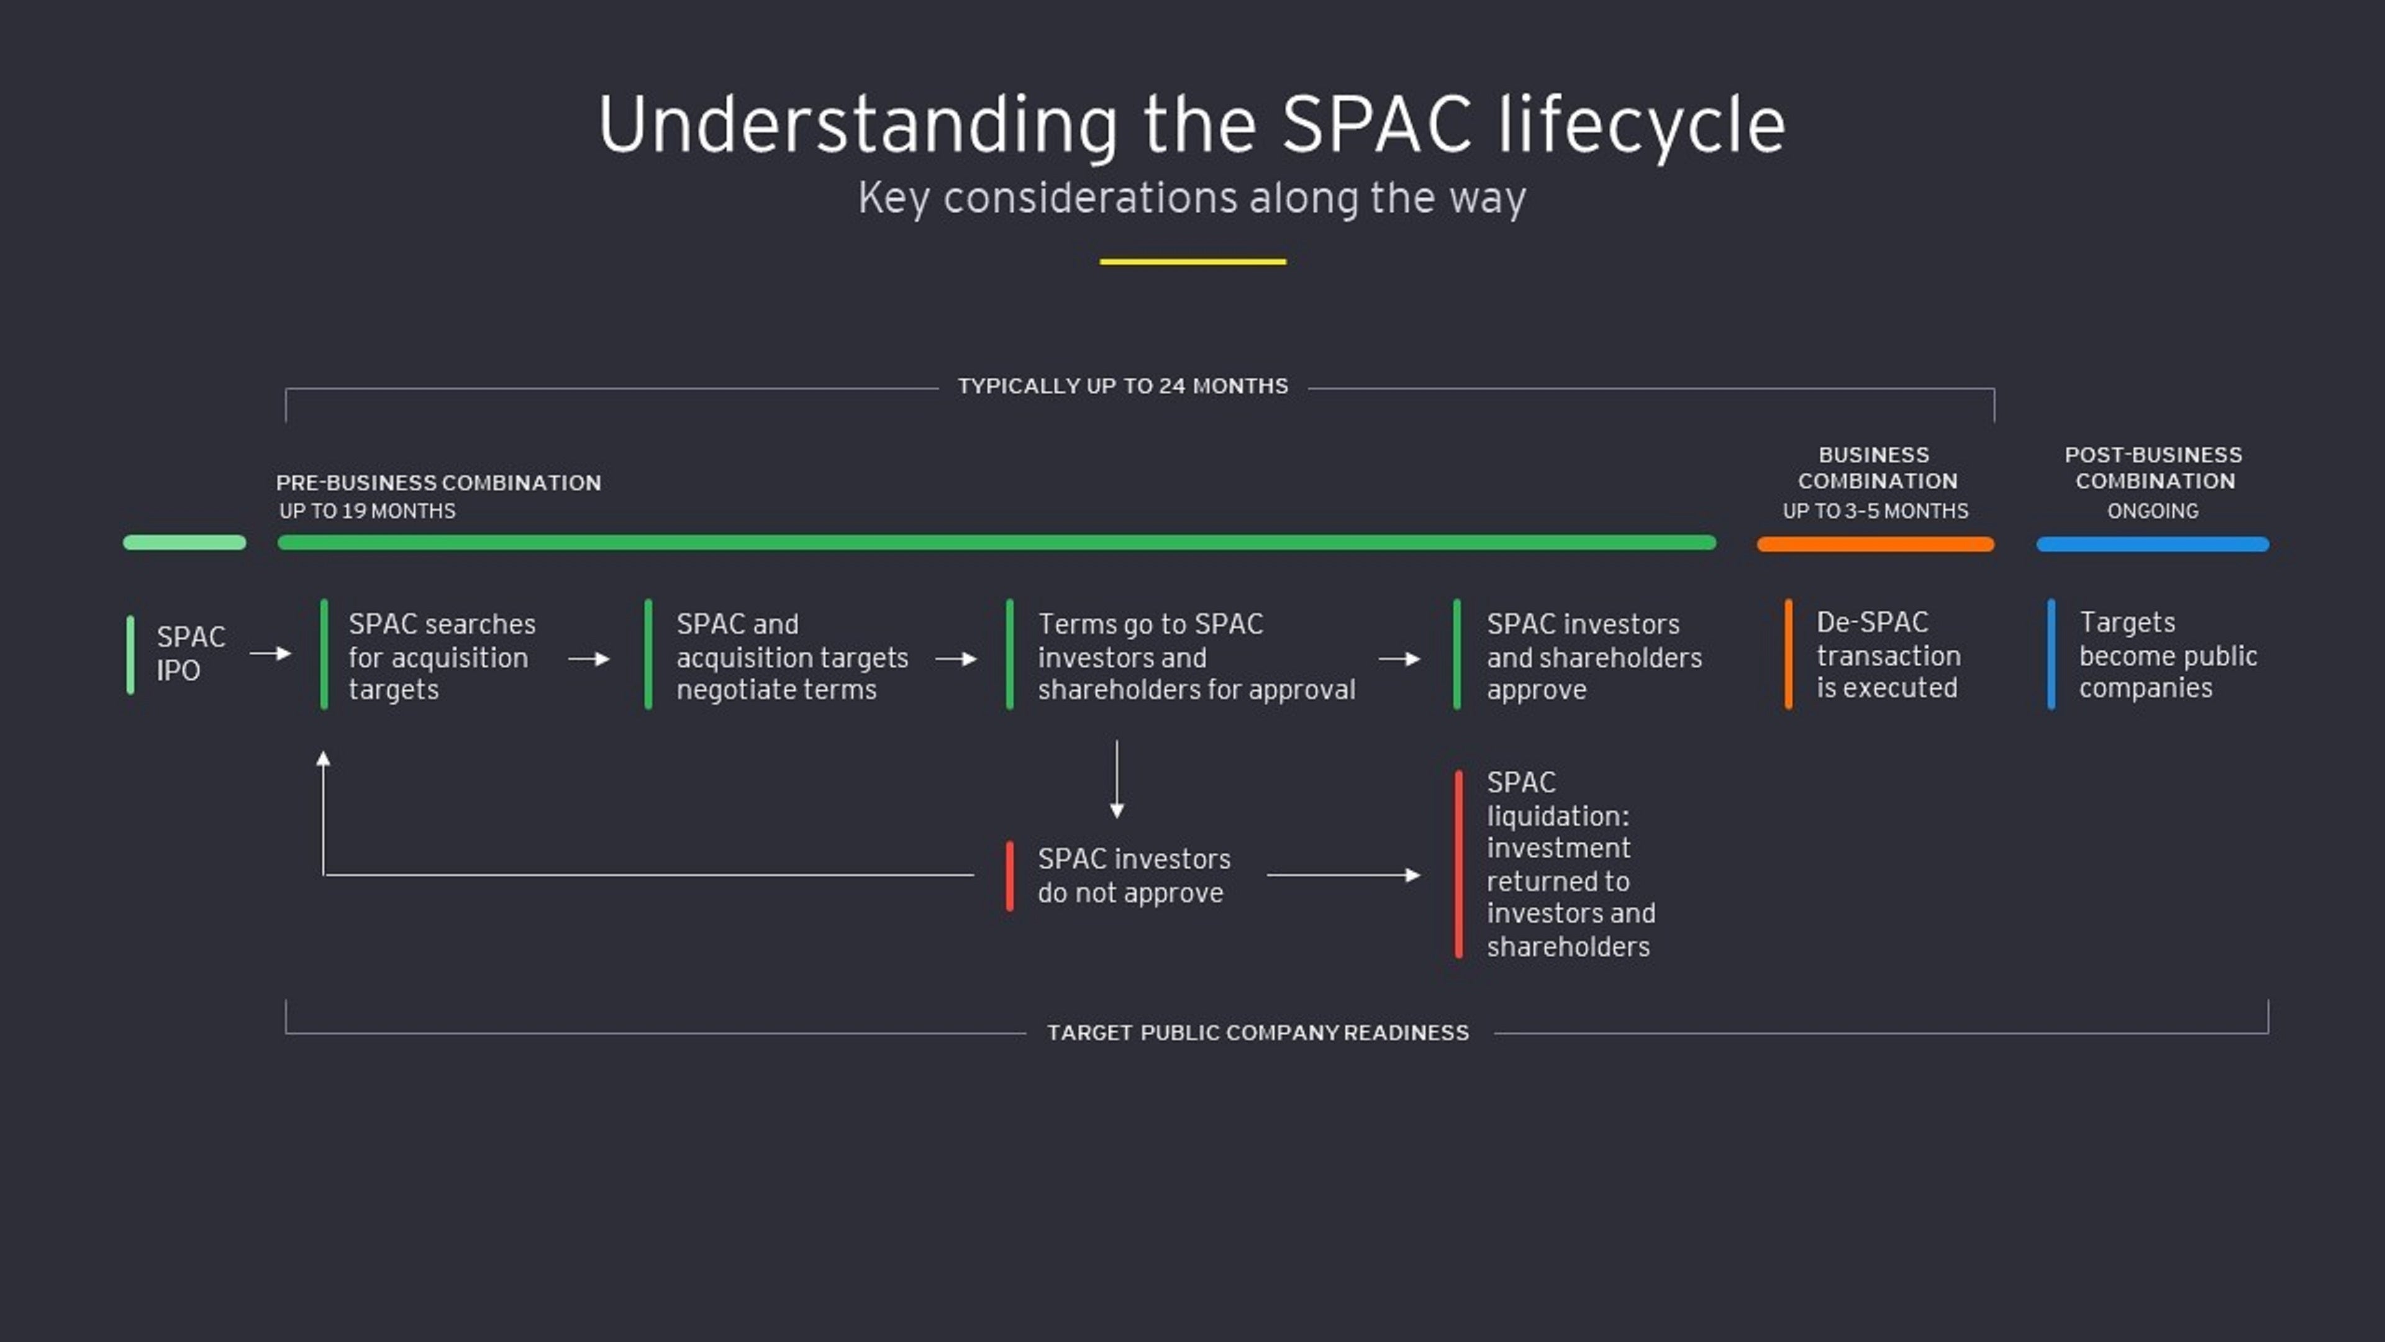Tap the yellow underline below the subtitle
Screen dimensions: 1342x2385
pyautogui.click(x=1192, y=262)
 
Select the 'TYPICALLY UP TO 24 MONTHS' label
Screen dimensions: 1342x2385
pyautogui.click(x=1122, y=386)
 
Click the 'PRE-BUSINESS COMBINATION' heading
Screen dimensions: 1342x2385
pyautogui.click(x=438, y=483)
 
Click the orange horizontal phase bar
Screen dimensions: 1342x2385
pyautogui.click(x=1875, y=545)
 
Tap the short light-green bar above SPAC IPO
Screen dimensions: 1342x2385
pyautogui.click(x=184, y=543)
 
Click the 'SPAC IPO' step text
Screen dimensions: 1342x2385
pyautogui.click(x=190, y=653)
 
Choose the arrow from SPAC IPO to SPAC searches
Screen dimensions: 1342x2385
pyautogui.click(x=270, y=653)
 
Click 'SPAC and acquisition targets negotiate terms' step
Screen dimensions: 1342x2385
pyautogui.click(x=792, y=657)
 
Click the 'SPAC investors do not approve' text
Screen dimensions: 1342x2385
pyautogui.click(x=1133, y=875)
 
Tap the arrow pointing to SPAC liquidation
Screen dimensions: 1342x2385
pyautogui.click(x=1342, y=875)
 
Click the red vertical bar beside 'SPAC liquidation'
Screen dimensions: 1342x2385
pyautogui.click(x=1458, y=864)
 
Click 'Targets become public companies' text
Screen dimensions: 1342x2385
pyautogui.click(x=2166, y=655)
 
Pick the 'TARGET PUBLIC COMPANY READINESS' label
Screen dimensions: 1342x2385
pyautogui.click(x=1257, y=1033)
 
